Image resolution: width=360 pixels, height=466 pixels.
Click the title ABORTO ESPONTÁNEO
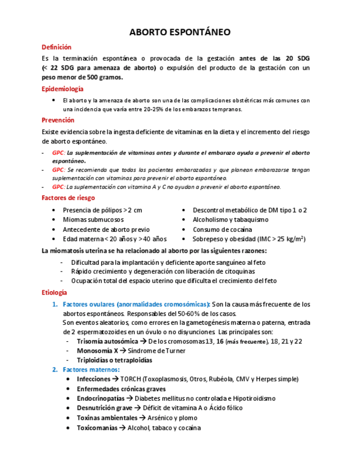(180, 32)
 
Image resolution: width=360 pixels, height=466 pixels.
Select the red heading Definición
(57, 47)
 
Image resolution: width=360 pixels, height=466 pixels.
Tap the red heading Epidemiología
(63, 88)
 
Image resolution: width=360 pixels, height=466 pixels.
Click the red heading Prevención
(58, 120)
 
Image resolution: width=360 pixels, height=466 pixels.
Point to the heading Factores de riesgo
(68, 198)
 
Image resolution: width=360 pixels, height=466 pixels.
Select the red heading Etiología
(54, 292)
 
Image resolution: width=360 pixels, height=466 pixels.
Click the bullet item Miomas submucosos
(93, 220)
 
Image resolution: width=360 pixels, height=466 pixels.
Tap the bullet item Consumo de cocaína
(223, 230)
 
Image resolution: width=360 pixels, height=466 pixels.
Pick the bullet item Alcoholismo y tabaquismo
(230, 220)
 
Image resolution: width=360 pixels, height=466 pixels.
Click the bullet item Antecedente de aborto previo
(106, 230)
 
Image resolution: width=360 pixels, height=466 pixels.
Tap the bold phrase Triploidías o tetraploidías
(114, 360)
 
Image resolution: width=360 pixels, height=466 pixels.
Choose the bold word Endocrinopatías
(101, 398)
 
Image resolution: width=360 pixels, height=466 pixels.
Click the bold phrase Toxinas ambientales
(107, 418)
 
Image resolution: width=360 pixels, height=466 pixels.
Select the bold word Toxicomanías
(97, 428)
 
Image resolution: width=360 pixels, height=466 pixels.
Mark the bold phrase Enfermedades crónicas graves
(121, 389)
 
